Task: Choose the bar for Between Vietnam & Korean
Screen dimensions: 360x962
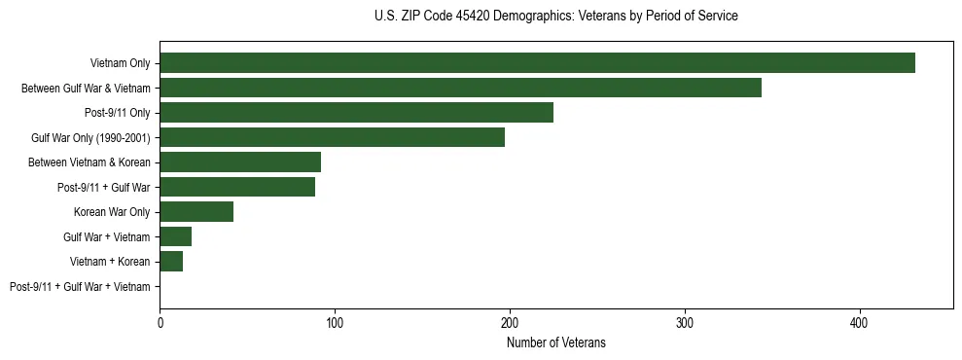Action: pyautogui.click(x=240, y=162)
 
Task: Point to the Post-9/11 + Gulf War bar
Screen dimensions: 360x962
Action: pyautogui.click(x=237, y=187)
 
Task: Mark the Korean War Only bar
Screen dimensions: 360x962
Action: pyautogui.click(x=196, y=212)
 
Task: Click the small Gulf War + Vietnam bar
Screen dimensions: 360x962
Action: pyautogui.click(x=176, y=236)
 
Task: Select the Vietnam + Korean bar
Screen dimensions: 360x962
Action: pyautogui.click(x=171, y=262)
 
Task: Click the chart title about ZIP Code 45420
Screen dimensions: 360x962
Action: pyautogui.click(x=555, y=17)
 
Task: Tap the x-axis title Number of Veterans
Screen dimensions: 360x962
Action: pyautogui.click(x=555, y=342)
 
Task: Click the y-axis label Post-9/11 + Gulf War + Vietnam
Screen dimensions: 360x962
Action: pyautogui.click(x=80, y=287)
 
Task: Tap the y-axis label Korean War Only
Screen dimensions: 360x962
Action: pyautogui.click(x=112, y=212)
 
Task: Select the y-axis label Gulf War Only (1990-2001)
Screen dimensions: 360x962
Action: pyautogui.click(x=90, y=137)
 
